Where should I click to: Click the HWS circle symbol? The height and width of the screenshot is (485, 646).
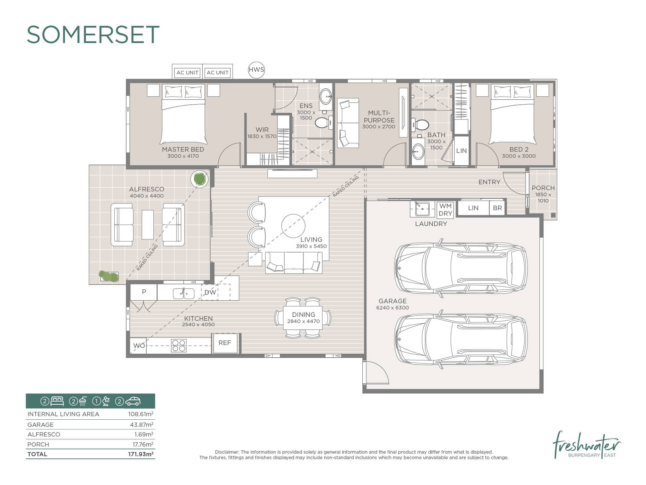pos(256,70)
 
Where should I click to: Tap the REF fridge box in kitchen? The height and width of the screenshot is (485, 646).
pos(225,343)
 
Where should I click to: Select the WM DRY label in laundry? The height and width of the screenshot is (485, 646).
pos(445,210)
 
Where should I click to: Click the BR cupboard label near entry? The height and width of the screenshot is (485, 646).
pos(497,208)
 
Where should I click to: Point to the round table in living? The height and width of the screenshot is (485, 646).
pos(293,226)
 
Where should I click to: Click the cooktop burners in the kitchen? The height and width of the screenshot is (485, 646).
pos(179,346)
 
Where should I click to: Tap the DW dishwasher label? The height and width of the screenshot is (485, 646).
pos(210,292)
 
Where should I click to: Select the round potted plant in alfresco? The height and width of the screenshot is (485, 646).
pos(200,179)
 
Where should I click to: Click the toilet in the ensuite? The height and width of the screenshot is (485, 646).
pos(323,123)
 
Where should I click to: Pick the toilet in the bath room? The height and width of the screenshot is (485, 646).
pos(420,125)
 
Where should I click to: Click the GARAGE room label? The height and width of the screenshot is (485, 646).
pos(392,301)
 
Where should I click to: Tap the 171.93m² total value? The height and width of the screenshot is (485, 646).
pos(141,454)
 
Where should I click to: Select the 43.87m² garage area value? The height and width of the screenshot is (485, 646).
pos(141,425)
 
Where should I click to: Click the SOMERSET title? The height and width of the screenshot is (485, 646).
pos(93,35)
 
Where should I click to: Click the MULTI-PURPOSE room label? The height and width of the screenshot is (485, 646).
pos(379,117)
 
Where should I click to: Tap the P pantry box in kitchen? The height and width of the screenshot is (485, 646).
pos(144,292)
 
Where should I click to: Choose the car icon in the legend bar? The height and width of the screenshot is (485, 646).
pos(133,401)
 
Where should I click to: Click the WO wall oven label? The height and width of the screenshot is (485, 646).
pos(139,346)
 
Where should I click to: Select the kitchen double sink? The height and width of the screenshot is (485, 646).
pos(184,293)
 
